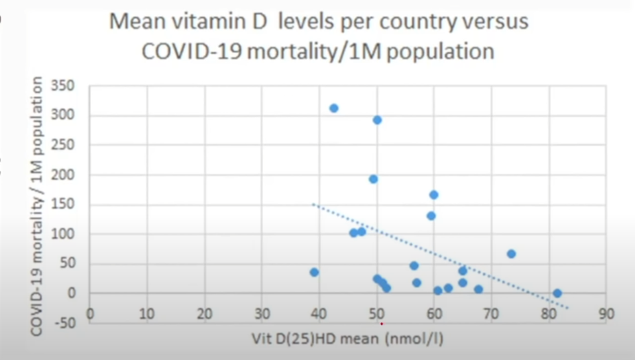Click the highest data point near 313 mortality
(x=334, y=108)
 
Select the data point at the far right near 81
(x=557, y=293)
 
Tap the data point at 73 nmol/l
(x=511, y=254)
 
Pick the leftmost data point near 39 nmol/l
(x=314, y=272)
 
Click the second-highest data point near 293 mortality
(x=377, y=120)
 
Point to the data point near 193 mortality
(x=373, y=179)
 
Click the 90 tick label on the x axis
(x=605, y=314)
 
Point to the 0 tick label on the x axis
(x=90, y=314)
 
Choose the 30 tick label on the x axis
(x=262, y=314)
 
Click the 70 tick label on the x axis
(x=491, y=314)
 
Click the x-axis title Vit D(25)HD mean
(x=329, y=339)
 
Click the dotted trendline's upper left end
(x=314, y=204)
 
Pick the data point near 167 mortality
(x=434, y=194)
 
